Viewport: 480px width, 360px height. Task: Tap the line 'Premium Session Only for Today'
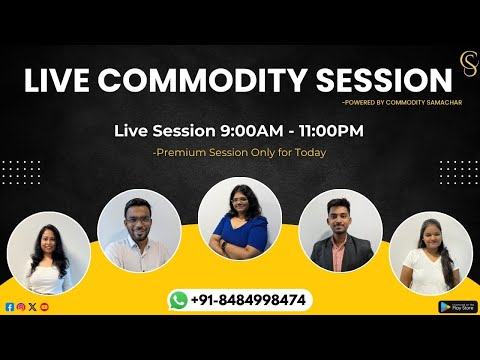pyautogui.click(x=240, y=152)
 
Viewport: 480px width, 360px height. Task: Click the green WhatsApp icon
pyautogui.click(x=179, y=299)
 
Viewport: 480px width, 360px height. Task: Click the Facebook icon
pyautogui.click(x=9, y=306)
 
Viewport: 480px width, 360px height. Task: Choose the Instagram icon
pyautogui.click(x=21, y=306)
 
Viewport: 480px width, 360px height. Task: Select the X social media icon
pyautogui.click(x=32, y=306)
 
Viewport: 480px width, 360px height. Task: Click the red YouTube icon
pyautogui.click(x=44, y=306)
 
